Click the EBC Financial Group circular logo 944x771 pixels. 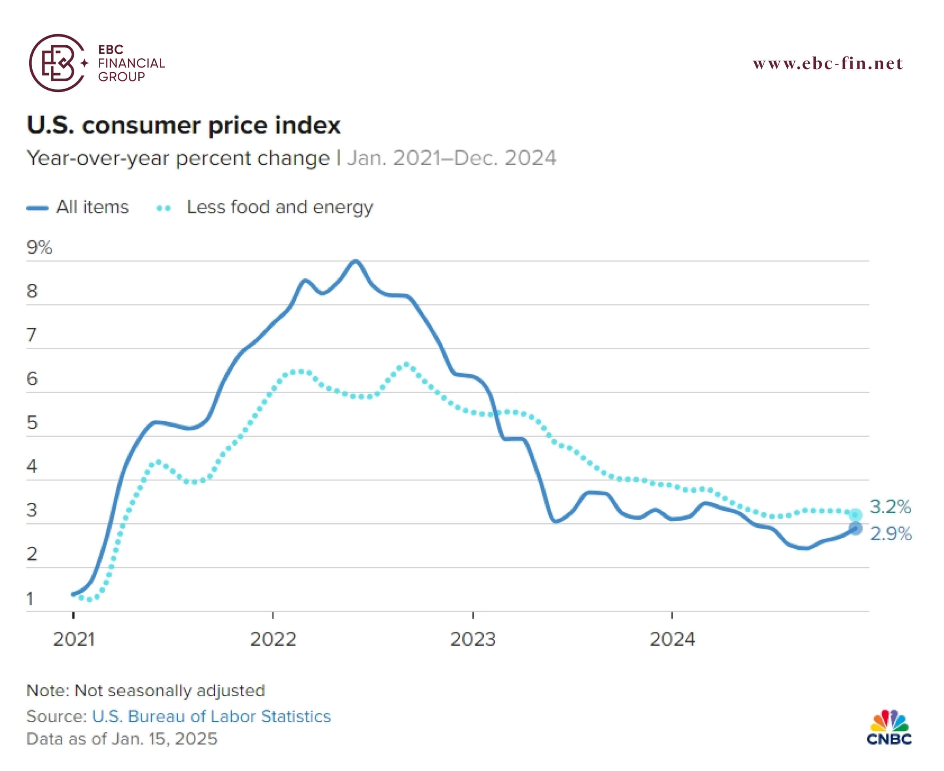pyautogui.click(x=58, y=63)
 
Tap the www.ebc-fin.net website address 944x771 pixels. pyautogui.click(x=828, y=63)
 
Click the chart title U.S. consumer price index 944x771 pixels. pyautogui.click(x=184, y=125)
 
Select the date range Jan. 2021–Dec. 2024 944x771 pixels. pyautogui.click(x=451, y=158)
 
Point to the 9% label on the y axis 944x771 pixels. pyautogui.click(x=39, y=247)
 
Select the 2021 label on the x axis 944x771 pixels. pyautogui.click(x=74, y=640)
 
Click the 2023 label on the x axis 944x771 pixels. pyautogui.click(x=472, y=640)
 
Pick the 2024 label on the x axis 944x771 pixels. pyautogui.click(x=672, y=640)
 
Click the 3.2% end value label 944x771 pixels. pyautogui.click(x=890, y=507)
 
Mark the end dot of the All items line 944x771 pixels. pyautogui.click(x=855, y=529)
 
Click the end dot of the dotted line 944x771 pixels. pyautogui.click(x=855, y=515)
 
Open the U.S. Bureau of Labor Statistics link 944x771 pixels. pyautogui.click(x=211, y=716)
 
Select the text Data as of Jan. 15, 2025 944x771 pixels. pyautogui.click(x=122, y=739)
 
